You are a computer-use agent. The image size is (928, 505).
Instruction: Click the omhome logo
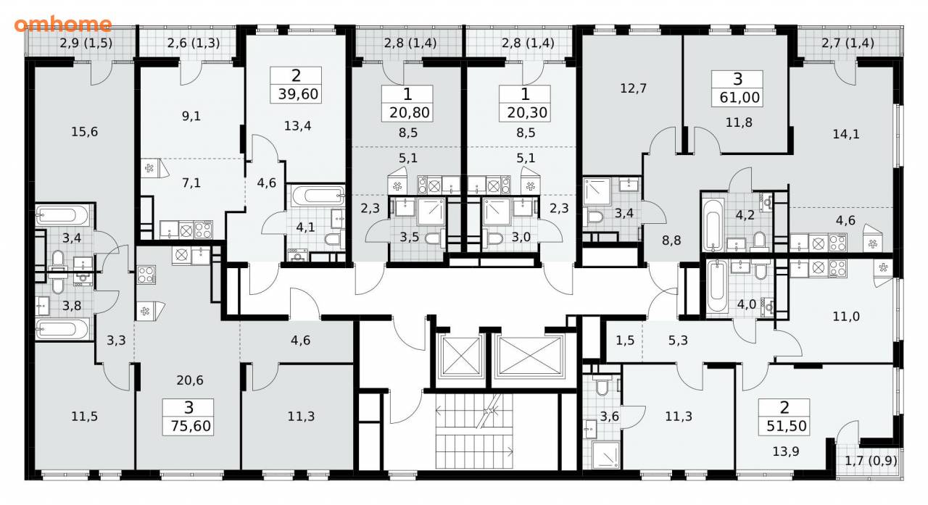63,24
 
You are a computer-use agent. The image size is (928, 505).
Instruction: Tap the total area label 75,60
191,425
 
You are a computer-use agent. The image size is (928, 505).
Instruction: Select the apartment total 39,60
298,94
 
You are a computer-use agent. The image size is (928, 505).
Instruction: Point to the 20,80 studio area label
410,112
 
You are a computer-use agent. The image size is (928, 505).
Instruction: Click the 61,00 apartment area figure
739,97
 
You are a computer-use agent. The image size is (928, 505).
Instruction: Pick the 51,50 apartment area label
787,425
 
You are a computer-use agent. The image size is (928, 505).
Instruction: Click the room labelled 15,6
85,132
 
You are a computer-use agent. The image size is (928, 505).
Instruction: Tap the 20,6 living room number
190,380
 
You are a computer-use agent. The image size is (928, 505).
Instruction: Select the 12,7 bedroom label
633,88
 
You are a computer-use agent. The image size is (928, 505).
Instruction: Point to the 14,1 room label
846,134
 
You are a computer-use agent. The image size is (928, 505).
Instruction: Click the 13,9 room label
786,451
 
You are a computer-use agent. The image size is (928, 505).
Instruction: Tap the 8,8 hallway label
671,240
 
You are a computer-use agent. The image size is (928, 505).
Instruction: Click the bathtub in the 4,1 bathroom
318,196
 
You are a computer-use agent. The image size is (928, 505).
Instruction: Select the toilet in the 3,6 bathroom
601,386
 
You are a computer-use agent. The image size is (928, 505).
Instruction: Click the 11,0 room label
846,317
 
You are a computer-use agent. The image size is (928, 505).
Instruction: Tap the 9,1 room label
191,116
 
